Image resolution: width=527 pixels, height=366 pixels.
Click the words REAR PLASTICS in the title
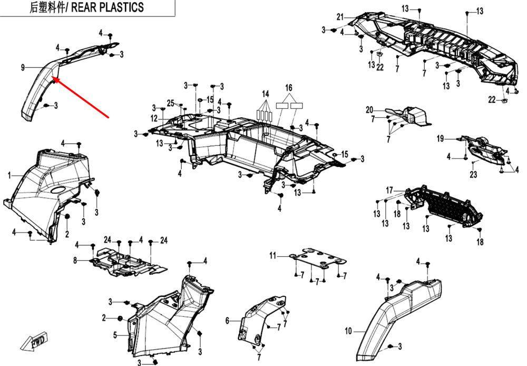point(112,7)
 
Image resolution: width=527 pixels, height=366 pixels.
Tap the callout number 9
point(23,67)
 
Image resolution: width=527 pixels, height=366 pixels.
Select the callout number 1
point(9,174)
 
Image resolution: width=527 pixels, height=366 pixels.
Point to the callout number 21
point(340,17)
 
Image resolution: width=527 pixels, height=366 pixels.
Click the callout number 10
point(348,332)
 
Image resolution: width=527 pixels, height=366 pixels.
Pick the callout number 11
point(272,256)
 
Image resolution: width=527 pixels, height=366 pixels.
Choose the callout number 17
point(389,190)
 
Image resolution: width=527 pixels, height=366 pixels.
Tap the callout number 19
point(441,139)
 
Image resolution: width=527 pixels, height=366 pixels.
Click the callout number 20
point(369,110)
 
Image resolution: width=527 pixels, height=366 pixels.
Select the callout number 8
point(75,260)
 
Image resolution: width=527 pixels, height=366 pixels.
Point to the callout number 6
point(227,321)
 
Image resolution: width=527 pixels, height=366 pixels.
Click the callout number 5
point(114,334)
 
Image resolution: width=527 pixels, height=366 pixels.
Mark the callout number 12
point(154,118)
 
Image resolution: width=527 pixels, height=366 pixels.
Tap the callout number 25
point(170,102)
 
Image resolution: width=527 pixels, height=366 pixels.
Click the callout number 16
point(289,87)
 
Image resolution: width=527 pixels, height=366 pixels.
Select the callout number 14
point(265,94)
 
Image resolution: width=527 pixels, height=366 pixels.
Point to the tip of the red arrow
point(54,79)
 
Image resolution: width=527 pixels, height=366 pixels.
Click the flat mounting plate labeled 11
point(319,260)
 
